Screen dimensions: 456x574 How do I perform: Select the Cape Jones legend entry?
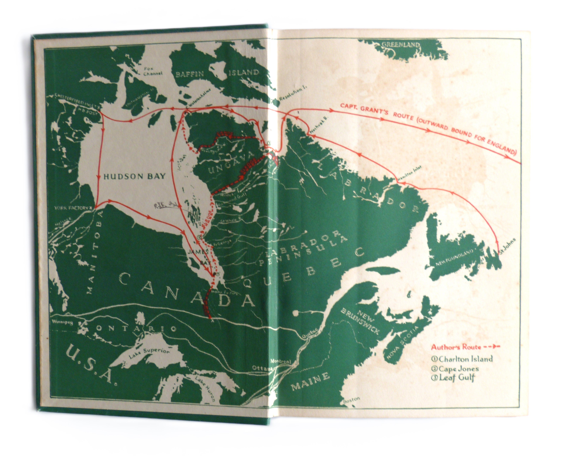pos(458,369)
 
